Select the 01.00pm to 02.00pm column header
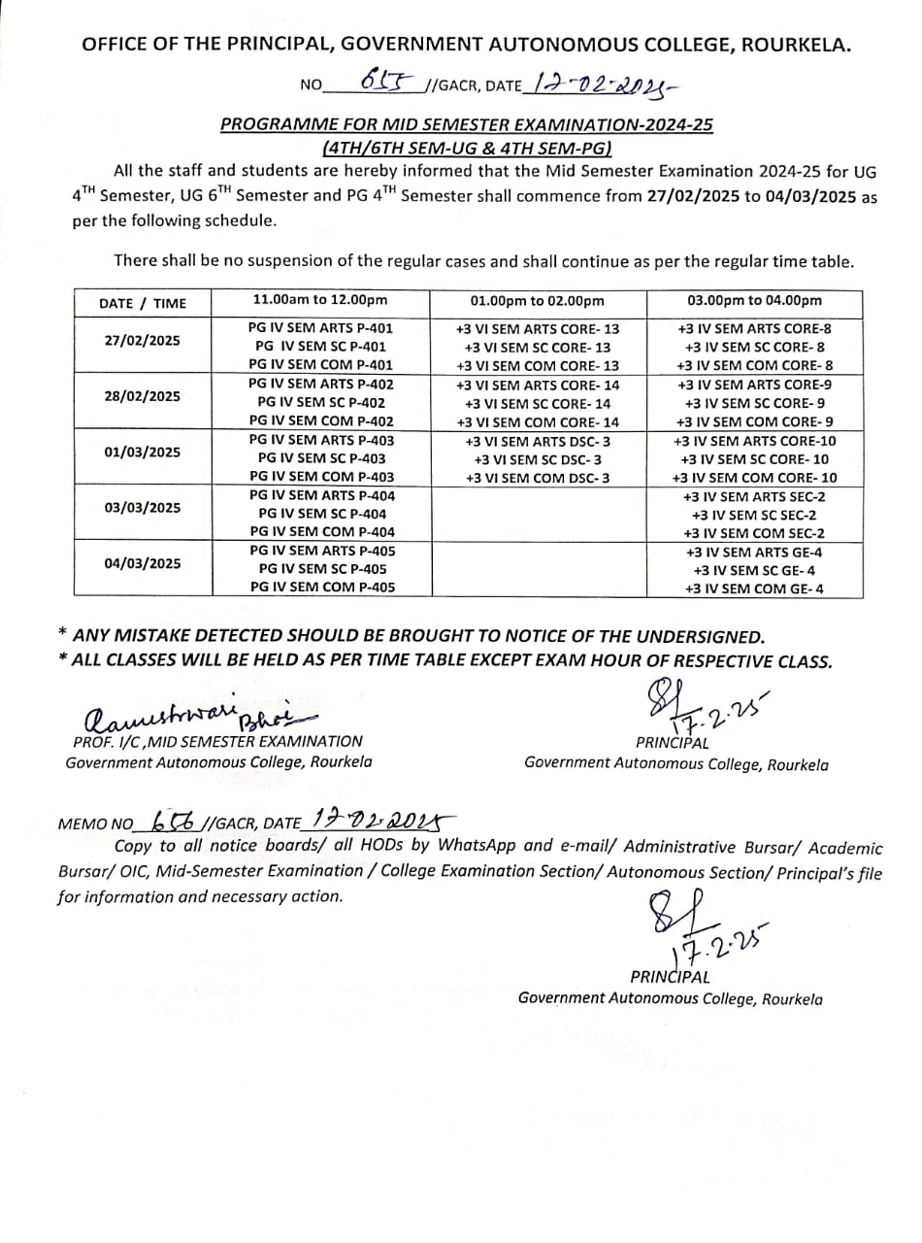point(538,301)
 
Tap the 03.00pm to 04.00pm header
point(754,301)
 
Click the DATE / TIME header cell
point(143,303)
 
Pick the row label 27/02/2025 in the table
point(143,341)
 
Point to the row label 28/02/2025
point(143,396)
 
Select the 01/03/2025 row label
point(143,452)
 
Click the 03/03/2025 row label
point(143,507)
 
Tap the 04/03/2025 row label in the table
point(143,562)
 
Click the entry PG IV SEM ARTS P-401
point(321,328)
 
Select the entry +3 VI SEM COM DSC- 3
point(538,478)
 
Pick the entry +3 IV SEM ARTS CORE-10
point(754,440)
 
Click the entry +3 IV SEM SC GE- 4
point(754,570)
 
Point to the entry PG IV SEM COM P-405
point(322,587)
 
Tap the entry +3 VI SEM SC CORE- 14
point(538,403)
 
